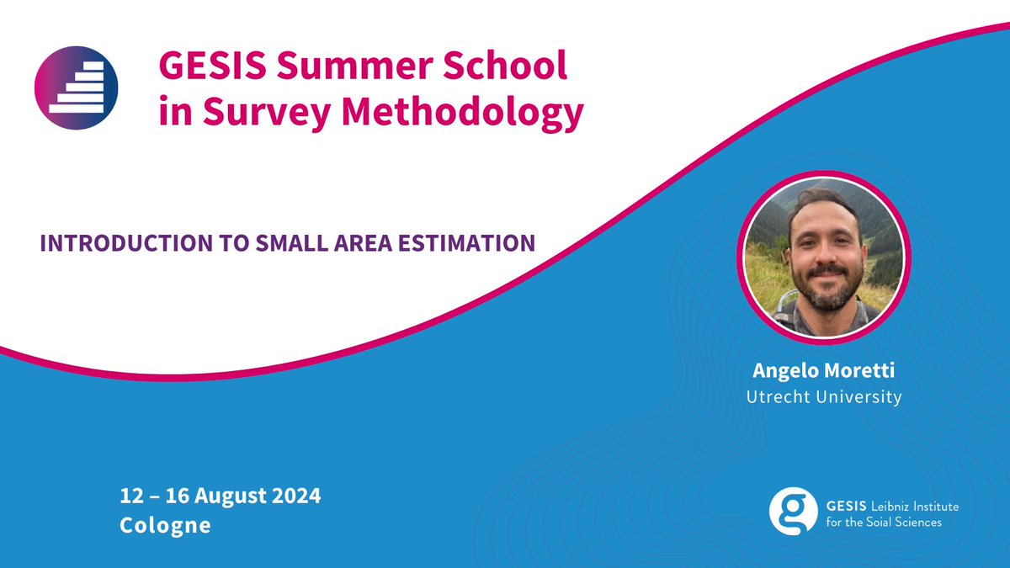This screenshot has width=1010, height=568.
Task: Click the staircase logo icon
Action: coord(76,88)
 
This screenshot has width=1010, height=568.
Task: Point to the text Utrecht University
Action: coord(824,396)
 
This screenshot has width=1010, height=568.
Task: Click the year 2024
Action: coord(297,495)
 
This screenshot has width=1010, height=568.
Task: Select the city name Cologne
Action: coord(166,526)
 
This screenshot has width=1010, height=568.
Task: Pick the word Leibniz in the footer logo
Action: coord(876,507)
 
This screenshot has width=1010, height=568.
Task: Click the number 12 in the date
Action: coord(130,495)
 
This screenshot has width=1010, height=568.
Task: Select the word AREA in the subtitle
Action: coord(351,244)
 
